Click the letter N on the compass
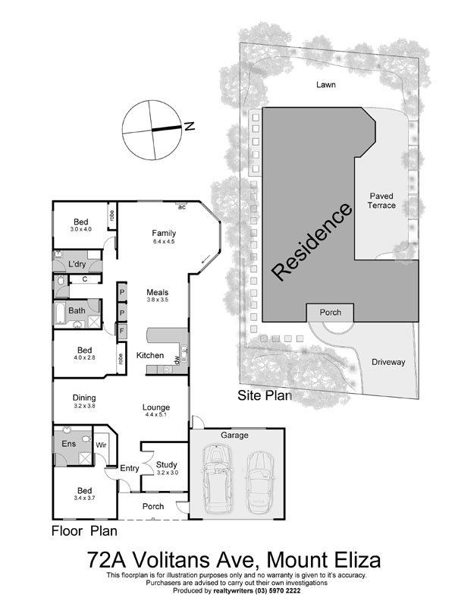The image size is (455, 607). coord(190,127)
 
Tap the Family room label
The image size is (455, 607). coord(164,233)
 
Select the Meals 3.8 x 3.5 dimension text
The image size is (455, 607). coord(157,300)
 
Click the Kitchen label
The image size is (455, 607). coord(149,355)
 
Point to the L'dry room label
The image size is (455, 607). coord(77,264)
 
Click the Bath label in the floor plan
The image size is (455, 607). coord(77,310)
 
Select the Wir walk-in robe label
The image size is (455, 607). coord(101,444)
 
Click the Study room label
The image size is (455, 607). coord(166,465)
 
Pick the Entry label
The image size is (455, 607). coord(130,468)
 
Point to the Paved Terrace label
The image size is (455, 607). coord(382,200)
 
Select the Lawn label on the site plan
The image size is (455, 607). coord(326,85)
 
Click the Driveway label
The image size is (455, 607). coord(388,362)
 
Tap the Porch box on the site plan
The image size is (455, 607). coord(330,312)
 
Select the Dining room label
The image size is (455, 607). coord(83,397)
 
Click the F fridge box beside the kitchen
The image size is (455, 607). coord(121,331)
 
